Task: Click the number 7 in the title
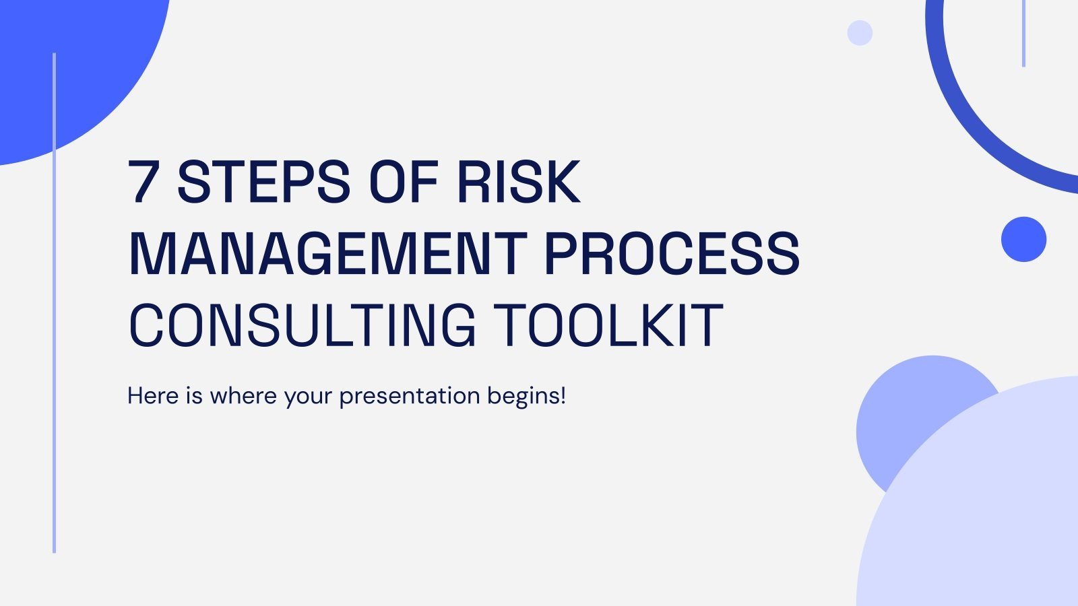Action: coord(144,182)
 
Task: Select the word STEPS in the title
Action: coord(263,182)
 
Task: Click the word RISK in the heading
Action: coord(518,182)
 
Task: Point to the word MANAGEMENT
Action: coord(327,254)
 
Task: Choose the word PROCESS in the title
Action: coord(672,254)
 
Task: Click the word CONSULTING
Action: coord(302,326)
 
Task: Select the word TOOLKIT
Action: coord(608,326)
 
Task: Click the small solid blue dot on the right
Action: coord(1023,239)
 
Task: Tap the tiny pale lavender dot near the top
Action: coord(860,32)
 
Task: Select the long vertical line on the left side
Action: coord(54,303)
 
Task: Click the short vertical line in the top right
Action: coord(1023,34)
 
